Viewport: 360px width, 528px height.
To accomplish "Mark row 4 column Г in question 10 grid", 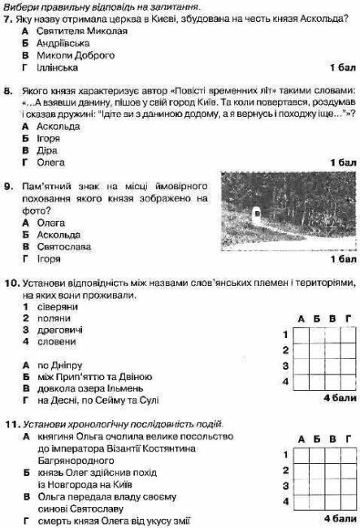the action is (x=348, y=379).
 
